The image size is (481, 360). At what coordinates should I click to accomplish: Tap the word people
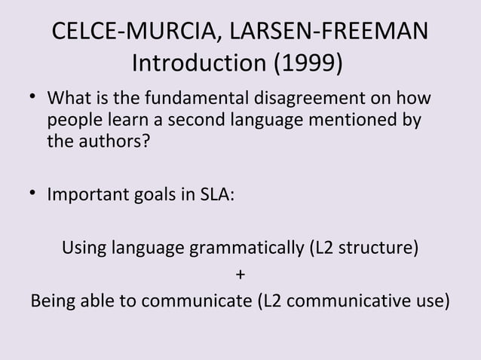(x=72, y=121)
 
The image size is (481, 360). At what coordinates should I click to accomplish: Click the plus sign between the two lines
(x=240, y=274)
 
